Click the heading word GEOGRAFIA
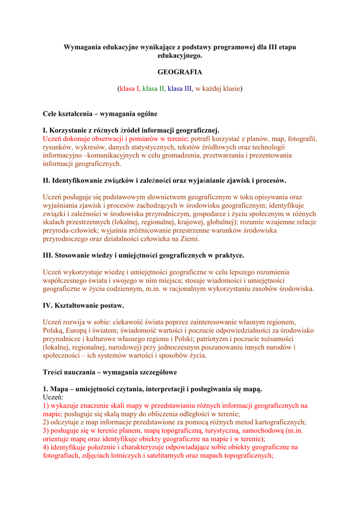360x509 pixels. [180, 72]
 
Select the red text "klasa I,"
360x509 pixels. [130, 88]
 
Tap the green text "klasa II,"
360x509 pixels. [154, 88]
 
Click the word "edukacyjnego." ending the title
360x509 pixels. [180, 55]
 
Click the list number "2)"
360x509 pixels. [46, 422]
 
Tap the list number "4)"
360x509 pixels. [46, 447]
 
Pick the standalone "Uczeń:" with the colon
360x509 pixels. [53, 397]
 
